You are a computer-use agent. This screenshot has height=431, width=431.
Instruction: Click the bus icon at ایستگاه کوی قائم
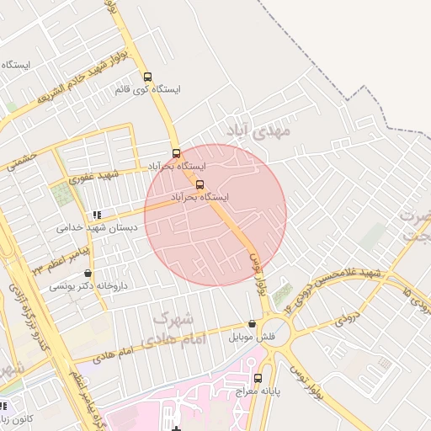148,77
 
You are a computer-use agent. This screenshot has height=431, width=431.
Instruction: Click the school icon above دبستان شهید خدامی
98,215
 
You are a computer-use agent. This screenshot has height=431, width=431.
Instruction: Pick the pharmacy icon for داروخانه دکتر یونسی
88,274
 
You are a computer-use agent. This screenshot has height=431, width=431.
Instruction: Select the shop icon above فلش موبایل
252,324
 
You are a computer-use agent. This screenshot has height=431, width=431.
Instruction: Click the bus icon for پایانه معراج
258,378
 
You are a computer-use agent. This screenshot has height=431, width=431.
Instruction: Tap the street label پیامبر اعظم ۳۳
61,257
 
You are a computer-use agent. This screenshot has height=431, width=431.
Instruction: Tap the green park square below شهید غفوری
61,195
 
